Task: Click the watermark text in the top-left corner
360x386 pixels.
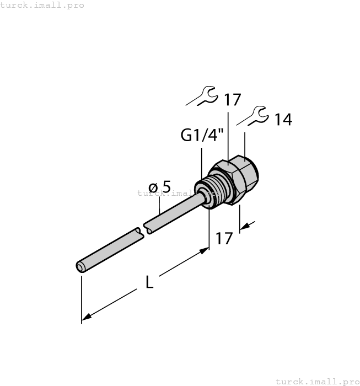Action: pos(42,5)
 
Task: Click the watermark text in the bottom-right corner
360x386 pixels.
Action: pos(317,381)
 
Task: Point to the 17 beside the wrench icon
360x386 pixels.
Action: pos(232,100)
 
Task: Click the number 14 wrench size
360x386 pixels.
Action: pos(283,120)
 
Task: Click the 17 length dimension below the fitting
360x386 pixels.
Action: pos(224,239)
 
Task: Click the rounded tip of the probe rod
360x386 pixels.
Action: pos(80,267)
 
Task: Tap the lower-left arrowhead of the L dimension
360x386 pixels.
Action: pos(85,317)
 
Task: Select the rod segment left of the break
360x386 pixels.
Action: pos(110,249)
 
